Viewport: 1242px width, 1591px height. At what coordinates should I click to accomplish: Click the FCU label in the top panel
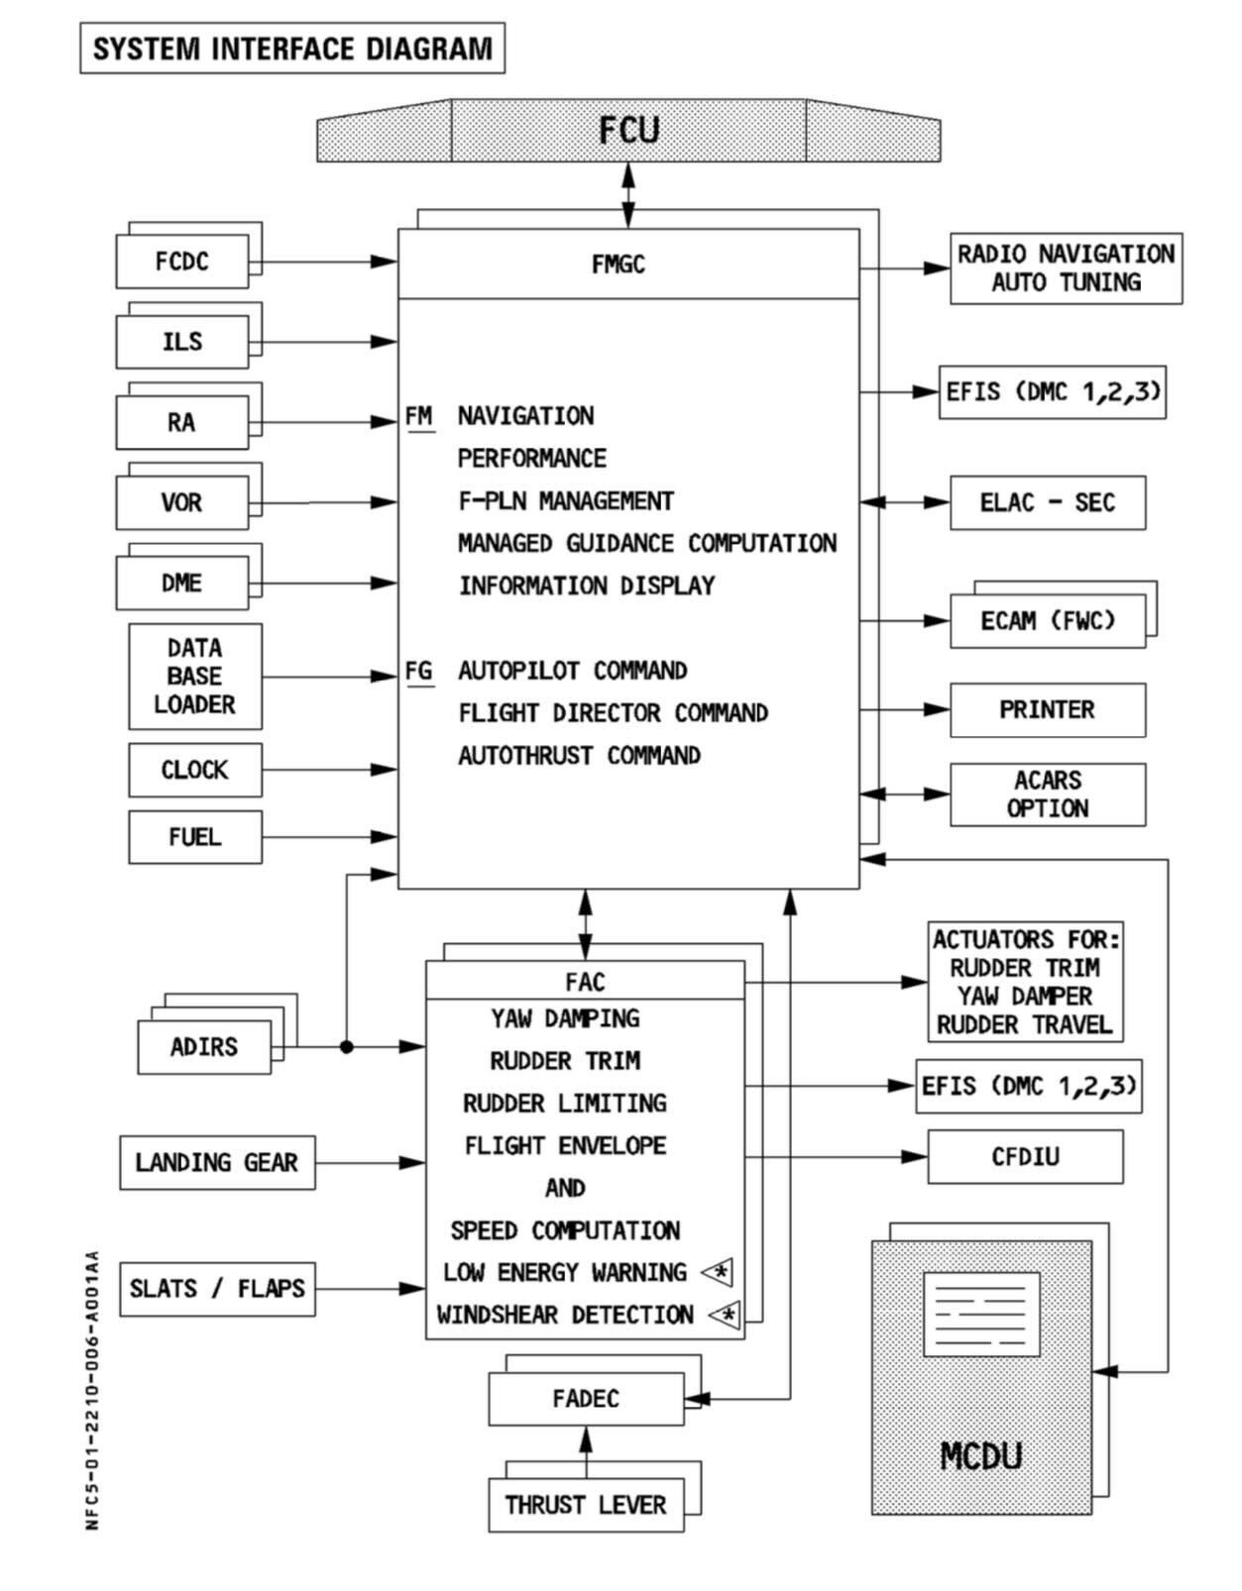(x=628, y=131)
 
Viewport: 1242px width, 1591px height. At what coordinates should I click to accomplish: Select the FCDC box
(x=182, y=262)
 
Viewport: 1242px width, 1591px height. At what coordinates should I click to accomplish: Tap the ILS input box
(x=182, y=342)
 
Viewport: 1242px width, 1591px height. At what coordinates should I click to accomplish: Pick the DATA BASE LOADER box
(x=195, y=677)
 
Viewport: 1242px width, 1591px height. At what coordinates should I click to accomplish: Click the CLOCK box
(x=195, y=770)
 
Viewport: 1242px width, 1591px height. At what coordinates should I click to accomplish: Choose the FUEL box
(x=195, y=837)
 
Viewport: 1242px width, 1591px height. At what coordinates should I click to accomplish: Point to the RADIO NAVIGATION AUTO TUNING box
(x=1066, y=268)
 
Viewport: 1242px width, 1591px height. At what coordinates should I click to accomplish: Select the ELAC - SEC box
(x=1048, y=503)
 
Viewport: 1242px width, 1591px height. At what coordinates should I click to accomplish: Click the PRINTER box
(x=1048, y=710)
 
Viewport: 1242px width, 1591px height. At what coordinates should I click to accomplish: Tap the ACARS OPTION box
(x=1048, y=795)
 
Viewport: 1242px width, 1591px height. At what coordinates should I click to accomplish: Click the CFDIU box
(x=1025, y=1156)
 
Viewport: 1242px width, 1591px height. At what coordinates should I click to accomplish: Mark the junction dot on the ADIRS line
(x=346, y=1046)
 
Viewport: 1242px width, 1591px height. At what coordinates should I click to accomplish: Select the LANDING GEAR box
(x=217, y=1163)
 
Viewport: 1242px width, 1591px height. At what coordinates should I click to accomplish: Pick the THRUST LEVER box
(x=586, y=1506)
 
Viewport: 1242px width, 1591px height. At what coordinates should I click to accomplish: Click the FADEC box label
(x=586, y=1399)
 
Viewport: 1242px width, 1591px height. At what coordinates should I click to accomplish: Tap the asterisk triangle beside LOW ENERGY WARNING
(x=719, y=1272)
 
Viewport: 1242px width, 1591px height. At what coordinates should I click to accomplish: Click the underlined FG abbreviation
(x=419, y=672)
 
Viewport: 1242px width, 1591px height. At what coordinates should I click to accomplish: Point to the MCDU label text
(x=980, y=1456)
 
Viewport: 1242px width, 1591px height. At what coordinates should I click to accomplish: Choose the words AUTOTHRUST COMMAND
(x=579, y=756)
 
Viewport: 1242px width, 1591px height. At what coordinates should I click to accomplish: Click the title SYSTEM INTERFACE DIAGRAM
(x=292, y=49)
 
